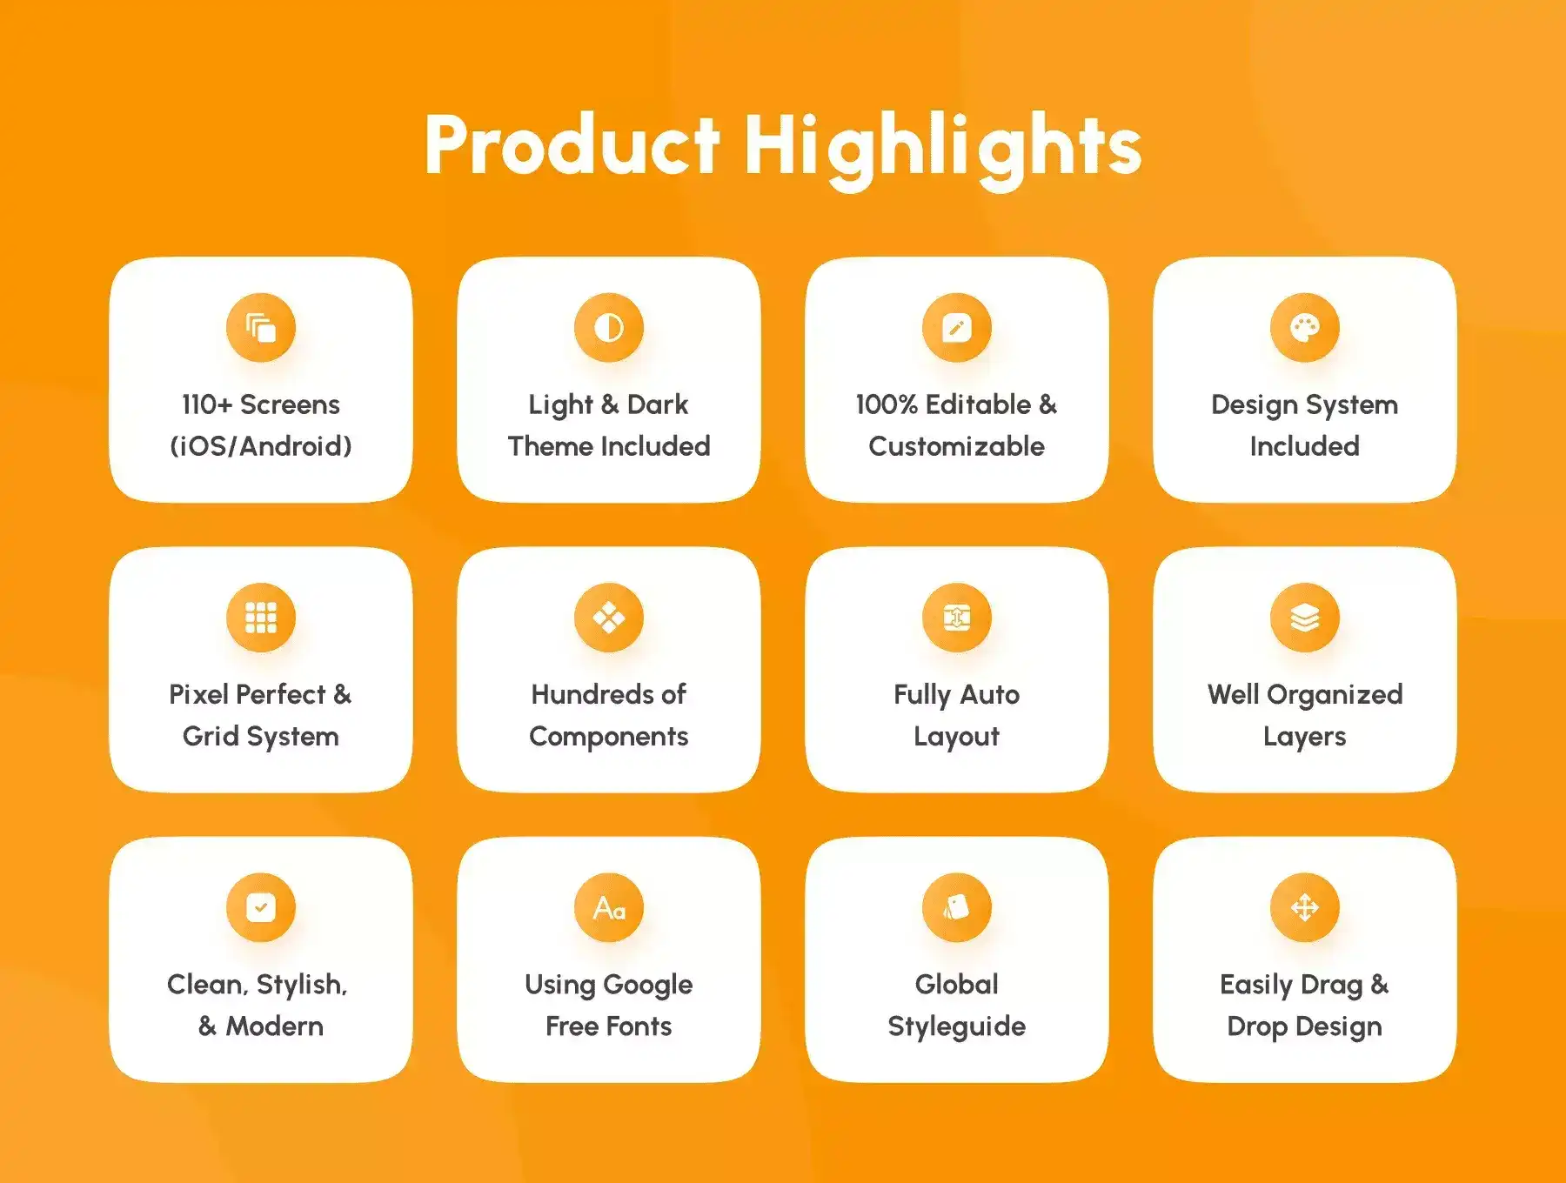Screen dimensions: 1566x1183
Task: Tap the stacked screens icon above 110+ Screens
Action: [261, 328]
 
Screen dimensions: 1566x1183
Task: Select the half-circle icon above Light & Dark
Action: [609, 328]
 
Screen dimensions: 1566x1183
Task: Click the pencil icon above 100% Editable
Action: [957, 328]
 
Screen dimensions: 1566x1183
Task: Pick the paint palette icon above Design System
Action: [1305, 328]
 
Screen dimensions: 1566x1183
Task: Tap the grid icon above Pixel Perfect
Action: [261, 618]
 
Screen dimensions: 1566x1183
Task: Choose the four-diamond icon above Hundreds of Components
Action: [609, 618]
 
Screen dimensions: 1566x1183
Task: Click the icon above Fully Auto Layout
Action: [957, 618]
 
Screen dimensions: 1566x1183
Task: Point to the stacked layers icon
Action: [1305, 618]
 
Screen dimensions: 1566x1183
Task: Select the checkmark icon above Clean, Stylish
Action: [261, 907]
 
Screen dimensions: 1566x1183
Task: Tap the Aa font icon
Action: [609, 907]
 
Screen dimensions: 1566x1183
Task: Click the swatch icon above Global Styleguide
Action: [957, 907]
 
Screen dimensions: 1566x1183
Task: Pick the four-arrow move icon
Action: [1305, 907]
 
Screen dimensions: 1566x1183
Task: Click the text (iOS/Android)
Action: [261, 446]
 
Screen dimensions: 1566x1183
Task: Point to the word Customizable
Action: [957, 446]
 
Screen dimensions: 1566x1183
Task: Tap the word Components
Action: [609, 738]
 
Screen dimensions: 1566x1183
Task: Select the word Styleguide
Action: [957, 1027]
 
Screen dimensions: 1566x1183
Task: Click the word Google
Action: [648, 986]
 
